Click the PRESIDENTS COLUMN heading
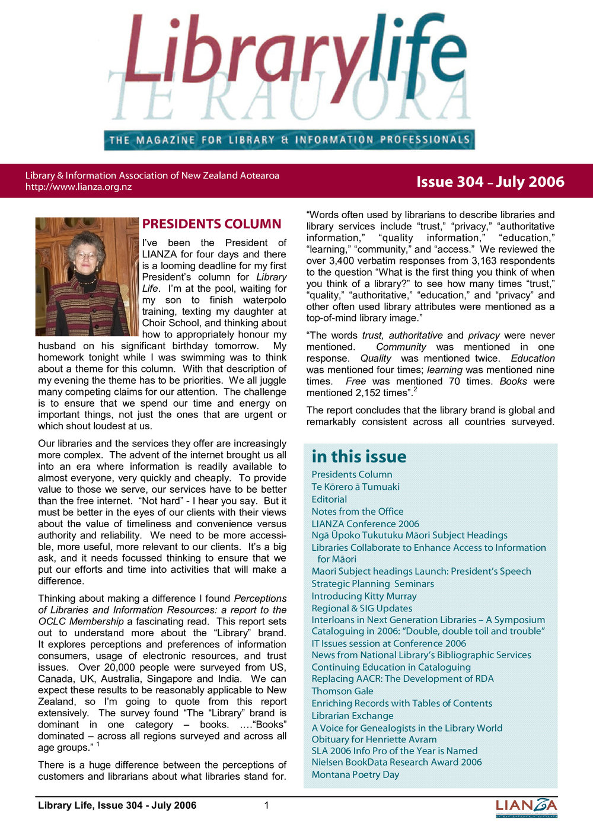211,224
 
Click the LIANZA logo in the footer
526,807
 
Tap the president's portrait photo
87,276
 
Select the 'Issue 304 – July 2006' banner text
490,182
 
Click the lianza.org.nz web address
78,187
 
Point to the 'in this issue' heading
359,457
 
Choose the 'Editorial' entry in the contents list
329,499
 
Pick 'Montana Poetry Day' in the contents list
355,774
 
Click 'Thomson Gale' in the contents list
342,691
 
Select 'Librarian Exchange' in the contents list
352,716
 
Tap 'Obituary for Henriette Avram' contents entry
374,739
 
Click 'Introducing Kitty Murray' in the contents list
364,596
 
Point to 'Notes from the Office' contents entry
357,511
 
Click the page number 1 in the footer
267,805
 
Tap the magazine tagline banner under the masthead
289,141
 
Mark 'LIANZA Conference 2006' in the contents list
365,524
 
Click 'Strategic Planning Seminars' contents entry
372,583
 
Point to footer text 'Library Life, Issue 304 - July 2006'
117,805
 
